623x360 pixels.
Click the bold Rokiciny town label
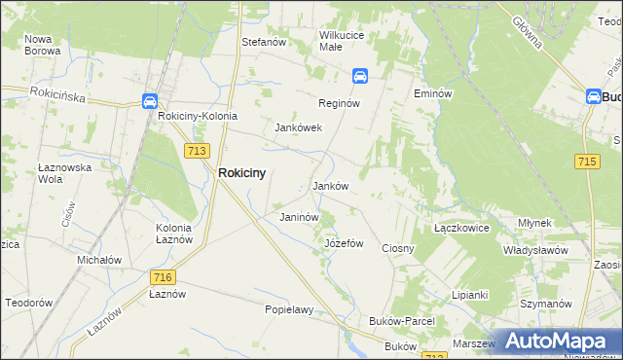tap(242, 172)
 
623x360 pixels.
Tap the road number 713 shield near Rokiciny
tap(197, 149)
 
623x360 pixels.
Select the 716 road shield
tap(163, 277)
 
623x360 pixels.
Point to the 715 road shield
tap(586, 162)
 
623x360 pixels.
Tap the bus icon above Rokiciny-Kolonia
tap(149, 100)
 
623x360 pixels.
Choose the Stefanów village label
tap(263, 42)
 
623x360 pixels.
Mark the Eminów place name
tap(433, 93)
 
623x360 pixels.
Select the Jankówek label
tap(298, 127)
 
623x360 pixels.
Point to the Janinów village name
tap(299, 217)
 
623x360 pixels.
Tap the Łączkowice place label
tap(459, 227)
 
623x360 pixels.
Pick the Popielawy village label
tap(289, 310)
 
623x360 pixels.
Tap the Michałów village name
tap(99, 261)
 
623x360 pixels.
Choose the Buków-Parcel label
tap(401, 321)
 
